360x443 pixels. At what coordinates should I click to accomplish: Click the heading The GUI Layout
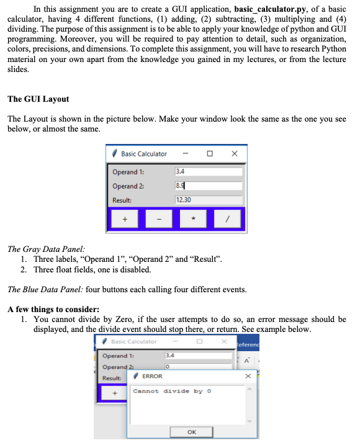(38, 99)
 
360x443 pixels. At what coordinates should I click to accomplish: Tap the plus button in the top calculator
(125, 219)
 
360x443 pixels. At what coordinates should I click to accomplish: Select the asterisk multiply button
(194, 219)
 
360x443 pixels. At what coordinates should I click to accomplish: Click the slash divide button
(228, 219)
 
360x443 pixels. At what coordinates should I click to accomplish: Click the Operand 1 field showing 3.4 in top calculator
(208, 172)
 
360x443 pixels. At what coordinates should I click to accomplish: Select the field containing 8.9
(208, 186)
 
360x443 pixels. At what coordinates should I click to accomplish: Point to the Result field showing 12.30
(208, 200)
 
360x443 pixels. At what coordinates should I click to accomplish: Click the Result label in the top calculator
(122, 200)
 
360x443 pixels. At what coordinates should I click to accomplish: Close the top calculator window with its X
(233, 154)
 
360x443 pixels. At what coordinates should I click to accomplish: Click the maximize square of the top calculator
(210, 154)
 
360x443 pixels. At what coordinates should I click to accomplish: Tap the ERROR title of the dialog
(152, 376)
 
